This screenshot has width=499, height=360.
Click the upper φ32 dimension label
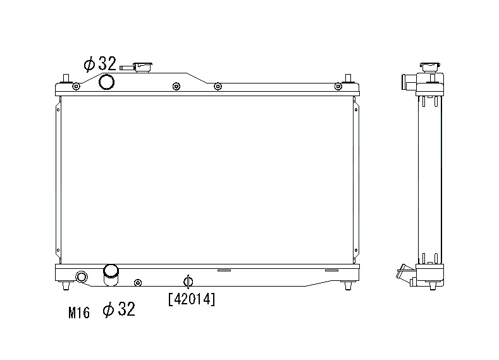tap(100, 64)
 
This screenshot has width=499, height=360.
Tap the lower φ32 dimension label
tap(118, 309)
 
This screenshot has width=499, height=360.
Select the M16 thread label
tap(79, 311)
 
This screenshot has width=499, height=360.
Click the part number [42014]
tap(192, 299)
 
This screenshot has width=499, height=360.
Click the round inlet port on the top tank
tap(107, 82)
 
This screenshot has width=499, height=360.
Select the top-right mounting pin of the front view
tap(347, 80)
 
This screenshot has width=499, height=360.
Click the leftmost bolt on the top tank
tap(76, 87)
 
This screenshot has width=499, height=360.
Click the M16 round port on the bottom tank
tap(82, 277)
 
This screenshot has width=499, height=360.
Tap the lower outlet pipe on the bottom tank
tap(111, 272)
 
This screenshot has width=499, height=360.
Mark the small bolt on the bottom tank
tap(139, 282)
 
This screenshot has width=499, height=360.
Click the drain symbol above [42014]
tap(187, 282)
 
